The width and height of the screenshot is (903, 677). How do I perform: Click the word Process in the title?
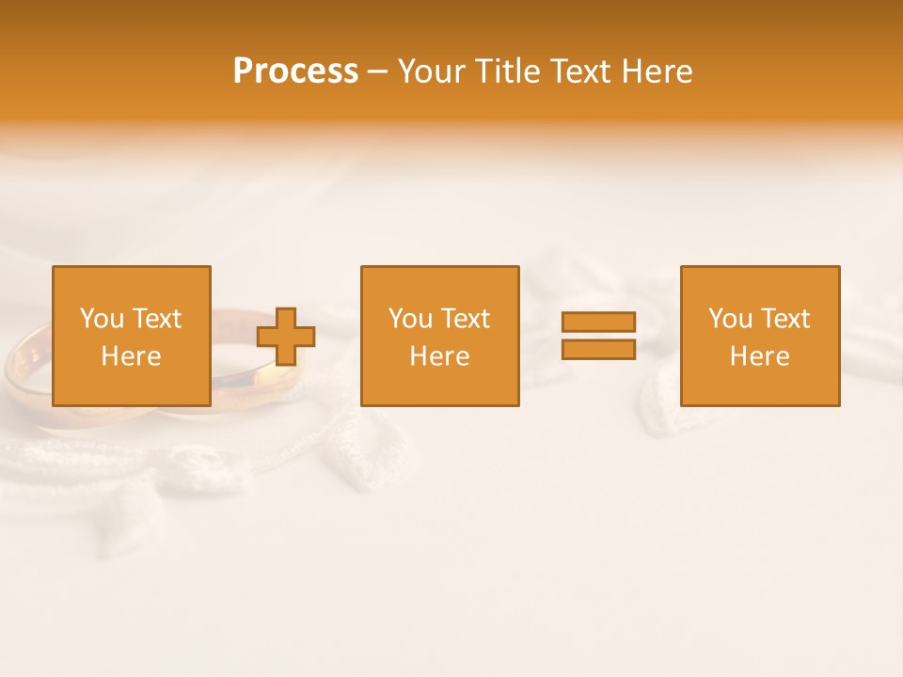pos(295,71)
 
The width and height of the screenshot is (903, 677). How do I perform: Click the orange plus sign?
pos(286,337)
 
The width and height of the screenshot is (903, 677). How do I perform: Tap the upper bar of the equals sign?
pos(598,322)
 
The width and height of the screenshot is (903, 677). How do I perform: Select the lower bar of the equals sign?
pos(598,349)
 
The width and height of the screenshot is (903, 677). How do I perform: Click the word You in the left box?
pos(102,319)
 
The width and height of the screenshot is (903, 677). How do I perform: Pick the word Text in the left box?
pos(155,319)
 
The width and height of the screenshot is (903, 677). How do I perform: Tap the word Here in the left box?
pos(131,356)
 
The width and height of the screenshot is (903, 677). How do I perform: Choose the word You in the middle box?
pos(410,319)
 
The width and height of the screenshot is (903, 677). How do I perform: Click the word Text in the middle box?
pos(464,319)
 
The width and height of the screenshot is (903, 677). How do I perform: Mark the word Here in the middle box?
pos(439,356)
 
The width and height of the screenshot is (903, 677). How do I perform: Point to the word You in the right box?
pos(730,319)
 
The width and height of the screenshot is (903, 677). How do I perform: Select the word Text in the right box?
pos(784,319)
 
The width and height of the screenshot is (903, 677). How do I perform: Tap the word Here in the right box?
pos(759,356)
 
